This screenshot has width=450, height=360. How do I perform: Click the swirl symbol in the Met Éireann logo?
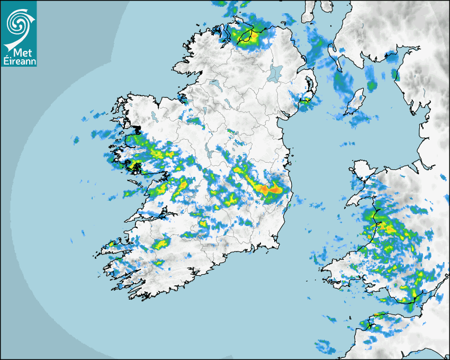point(18,22)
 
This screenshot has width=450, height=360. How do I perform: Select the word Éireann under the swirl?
point(19,61)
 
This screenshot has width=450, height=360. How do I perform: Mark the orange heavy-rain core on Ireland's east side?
point(267,188)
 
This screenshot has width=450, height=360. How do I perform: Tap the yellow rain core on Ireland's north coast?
point(252,35)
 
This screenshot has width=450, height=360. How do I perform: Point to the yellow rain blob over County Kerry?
point(160,244)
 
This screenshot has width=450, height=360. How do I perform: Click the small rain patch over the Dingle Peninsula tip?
point(112,244)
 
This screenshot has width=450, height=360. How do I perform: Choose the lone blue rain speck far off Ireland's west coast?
point(76,140)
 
